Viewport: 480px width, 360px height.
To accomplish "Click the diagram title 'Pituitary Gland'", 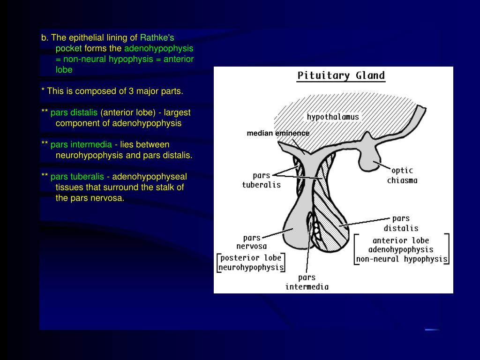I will [341, 76].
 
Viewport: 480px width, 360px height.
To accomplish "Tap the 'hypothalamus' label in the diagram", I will [333, 117].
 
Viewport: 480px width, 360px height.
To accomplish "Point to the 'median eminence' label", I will [278, 133].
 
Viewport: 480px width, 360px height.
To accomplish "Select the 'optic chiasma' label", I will [402, 176].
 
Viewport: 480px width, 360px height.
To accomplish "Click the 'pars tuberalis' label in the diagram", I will [261, 180].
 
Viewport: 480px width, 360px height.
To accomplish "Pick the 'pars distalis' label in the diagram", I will [401, 223].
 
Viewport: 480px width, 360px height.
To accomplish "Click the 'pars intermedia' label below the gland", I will [307, 282].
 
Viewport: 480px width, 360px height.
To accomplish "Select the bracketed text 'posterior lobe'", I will [251, 258].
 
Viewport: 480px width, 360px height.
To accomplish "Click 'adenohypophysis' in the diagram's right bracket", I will [401, 249].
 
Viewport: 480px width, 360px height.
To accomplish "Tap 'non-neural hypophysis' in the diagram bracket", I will [402, 259].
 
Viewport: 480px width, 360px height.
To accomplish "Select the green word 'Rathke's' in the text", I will [157, 37].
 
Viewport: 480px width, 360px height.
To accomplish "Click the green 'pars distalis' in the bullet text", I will [74, 112].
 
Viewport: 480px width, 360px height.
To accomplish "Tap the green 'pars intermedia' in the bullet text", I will [81, 144].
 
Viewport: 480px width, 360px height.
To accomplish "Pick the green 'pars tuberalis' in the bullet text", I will [77, 177].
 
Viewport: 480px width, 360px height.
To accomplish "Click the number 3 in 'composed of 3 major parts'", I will [125, 91].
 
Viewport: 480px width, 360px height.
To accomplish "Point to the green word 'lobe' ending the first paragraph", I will [64, 70].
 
